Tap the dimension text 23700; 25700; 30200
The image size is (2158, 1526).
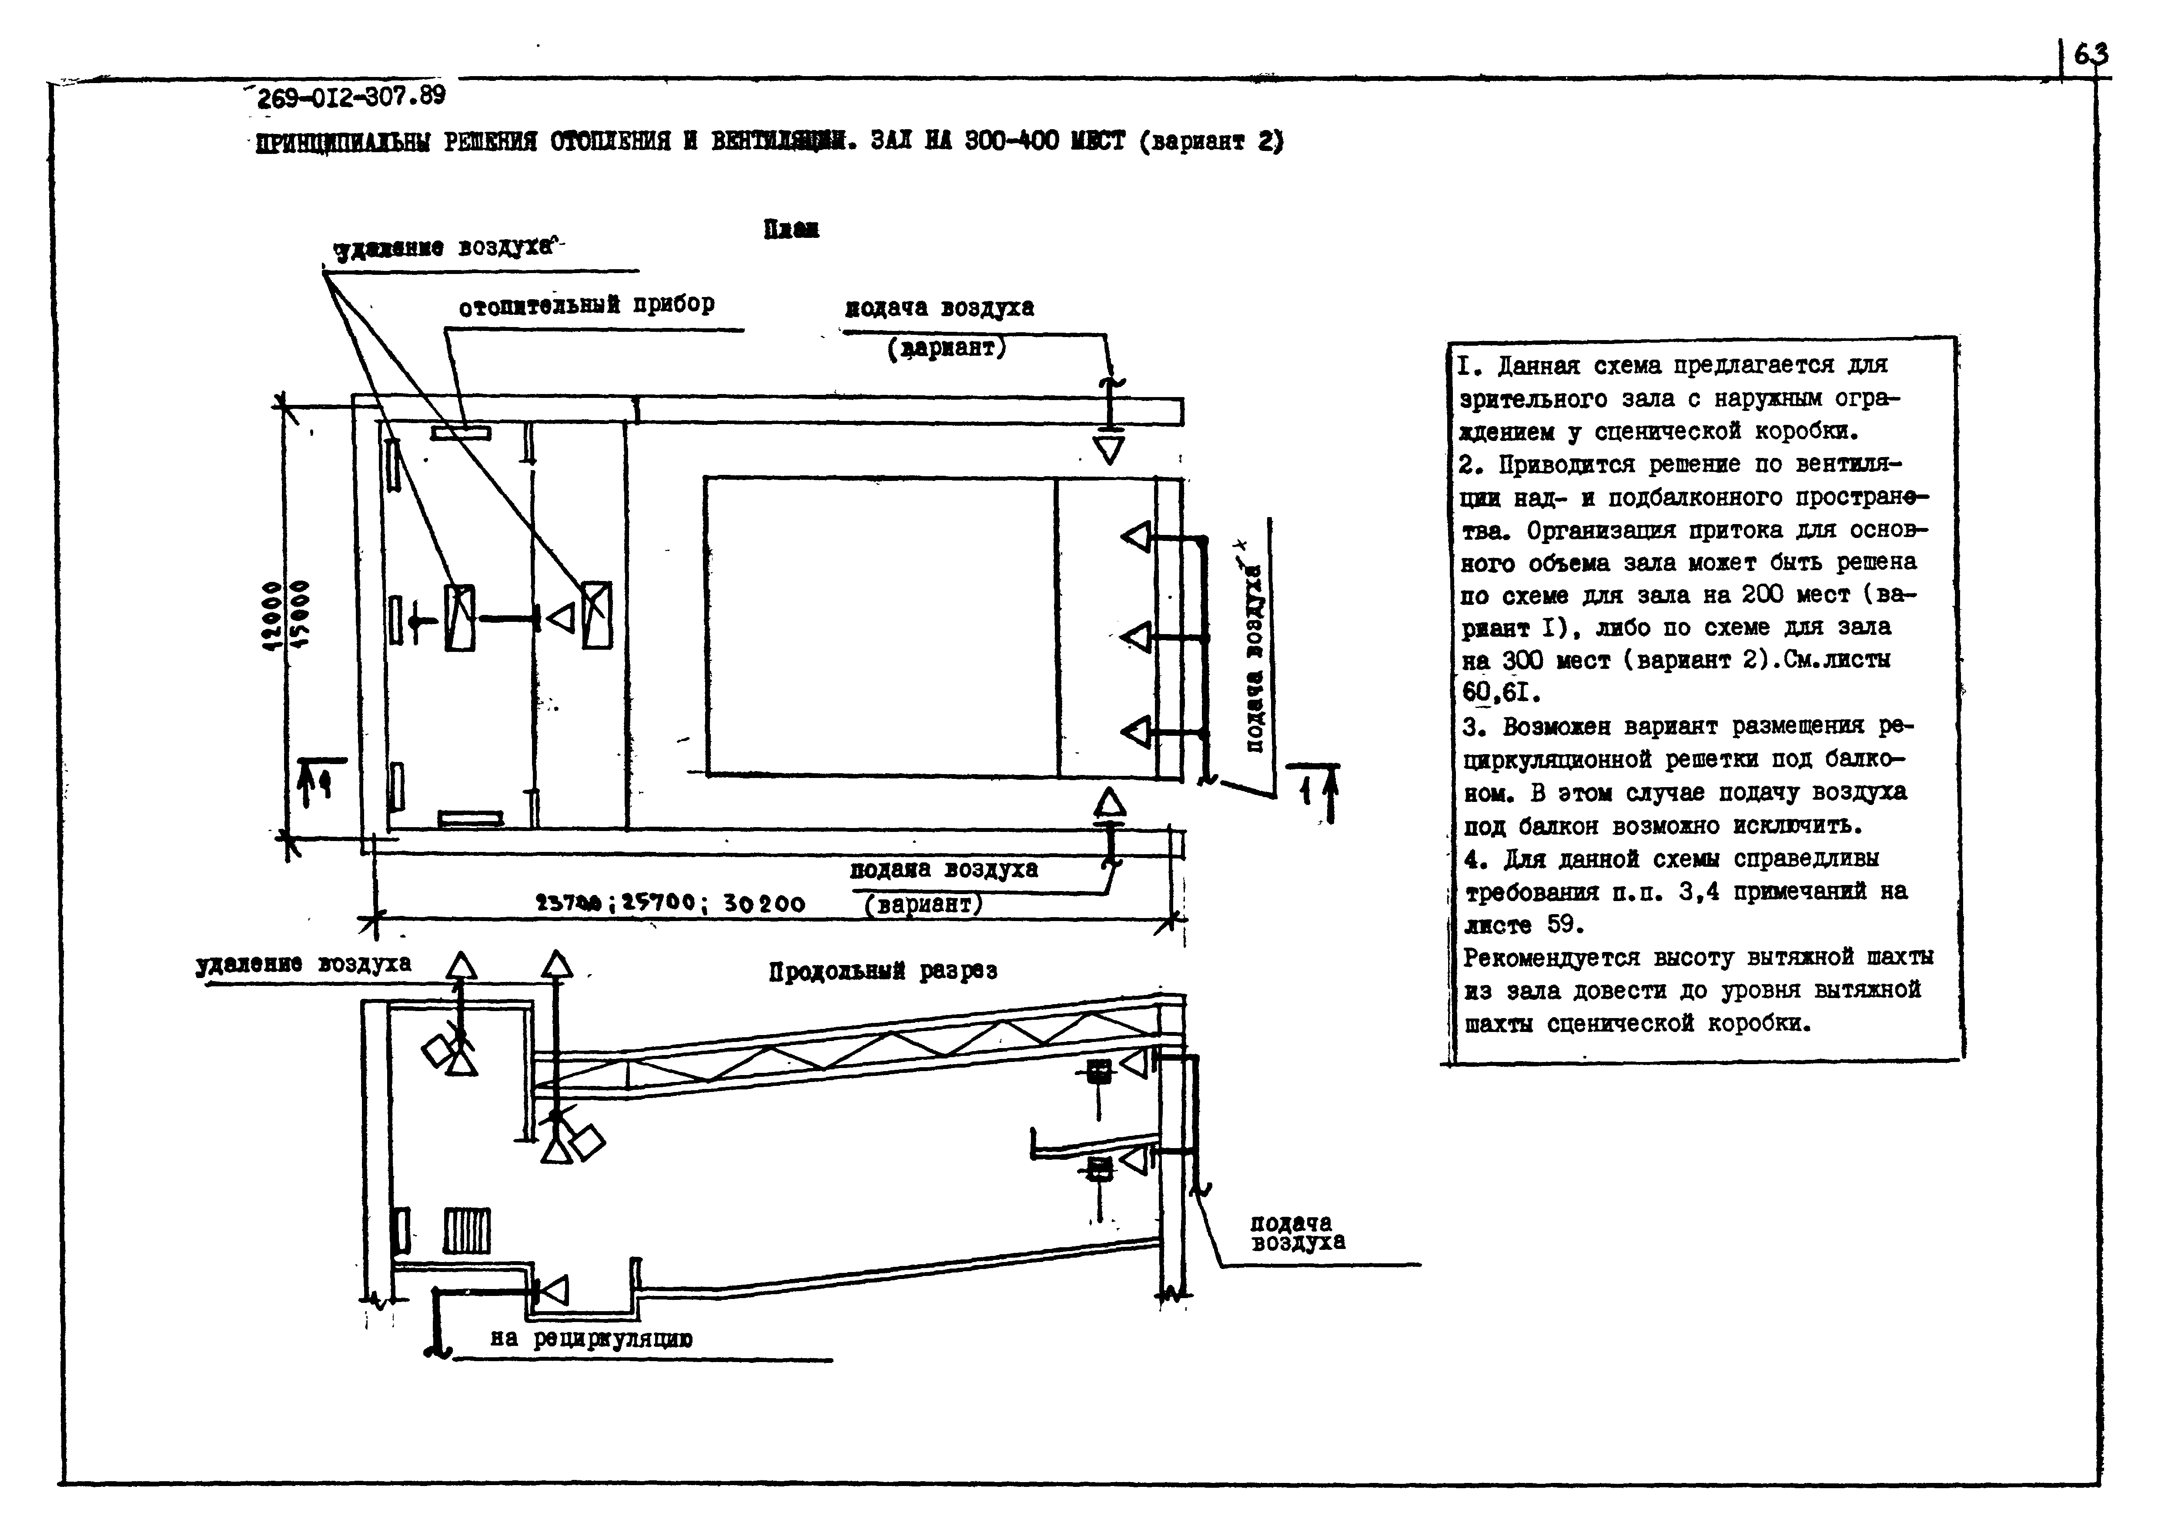(x=669, y=903)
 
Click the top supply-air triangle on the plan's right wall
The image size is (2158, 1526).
(x=1136, y=538)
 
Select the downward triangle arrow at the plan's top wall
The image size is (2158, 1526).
(x=1110, y=449)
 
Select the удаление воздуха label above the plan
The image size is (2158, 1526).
(x=443, y=248)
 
